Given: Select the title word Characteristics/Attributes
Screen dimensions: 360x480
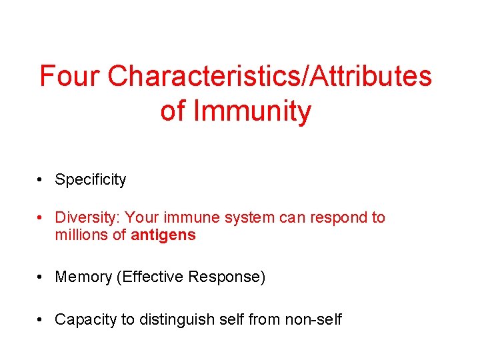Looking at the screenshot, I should coord(269,77).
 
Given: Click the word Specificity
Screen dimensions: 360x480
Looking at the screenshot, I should coord(90,179).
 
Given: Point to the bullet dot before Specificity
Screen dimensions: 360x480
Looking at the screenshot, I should coord(41,179).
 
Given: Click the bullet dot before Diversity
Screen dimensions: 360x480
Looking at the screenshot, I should coord(41,217).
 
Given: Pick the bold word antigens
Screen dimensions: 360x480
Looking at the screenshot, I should coord(163,235).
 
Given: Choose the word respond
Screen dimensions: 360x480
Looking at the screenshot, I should coord(340,217).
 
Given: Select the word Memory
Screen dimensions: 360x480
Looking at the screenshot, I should coord(83,277).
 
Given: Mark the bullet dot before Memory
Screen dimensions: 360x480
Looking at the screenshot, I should coord(41,277).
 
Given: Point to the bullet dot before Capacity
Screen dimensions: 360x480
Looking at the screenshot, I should coord(41,319).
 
